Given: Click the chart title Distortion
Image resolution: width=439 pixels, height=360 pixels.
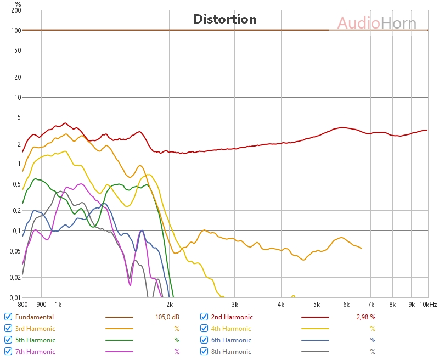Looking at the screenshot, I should point(225,20).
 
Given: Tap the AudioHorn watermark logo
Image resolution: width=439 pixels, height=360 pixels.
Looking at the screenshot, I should point(376,23).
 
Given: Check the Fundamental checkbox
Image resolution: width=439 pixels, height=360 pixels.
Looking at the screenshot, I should point(8,317).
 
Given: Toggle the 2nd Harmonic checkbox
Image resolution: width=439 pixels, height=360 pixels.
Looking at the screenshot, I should point(204,317).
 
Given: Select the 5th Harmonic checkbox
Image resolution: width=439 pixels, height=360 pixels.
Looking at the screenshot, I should point(8,340).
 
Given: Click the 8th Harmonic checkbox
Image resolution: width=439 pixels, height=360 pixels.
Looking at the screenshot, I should point(204,352).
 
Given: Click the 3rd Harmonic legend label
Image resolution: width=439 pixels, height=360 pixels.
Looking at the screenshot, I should point(35,329).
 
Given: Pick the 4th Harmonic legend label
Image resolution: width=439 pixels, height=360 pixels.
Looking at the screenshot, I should point(231,329).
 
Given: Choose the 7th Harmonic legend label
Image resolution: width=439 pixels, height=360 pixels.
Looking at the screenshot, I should point(35,352).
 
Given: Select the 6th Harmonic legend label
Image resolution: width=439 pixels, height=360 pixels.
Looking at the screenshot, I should point(231,340).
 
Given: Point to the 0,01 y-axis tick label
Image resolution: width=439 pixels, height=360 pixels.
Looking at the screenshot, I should point(14,297).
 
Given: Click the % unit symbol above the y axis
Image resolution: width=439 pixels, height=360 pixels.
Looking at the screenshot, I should point(18,3).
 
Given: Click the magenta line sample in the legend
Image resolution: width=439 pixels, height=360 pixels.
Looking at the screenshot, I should point(119,352).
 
